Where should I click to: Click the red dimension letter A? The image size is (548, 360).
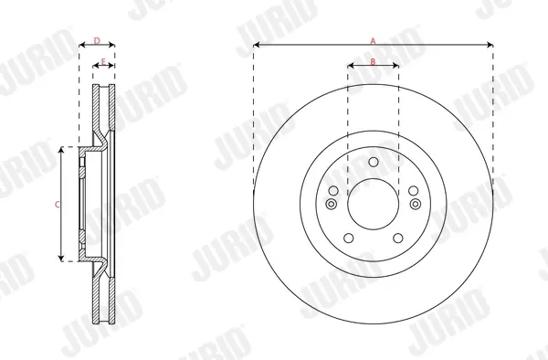[373, 41]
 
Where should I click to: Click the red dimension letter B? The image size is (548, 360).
[373, 62]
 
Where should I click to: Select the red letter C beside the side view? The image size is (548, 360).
[58, 205]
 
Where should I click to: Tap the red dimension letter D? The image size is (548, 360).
[97, 41]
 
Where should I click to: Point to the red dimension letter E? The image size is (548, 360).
[103, 62]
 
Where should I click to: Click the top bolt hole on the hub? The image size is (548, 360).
[374, 162]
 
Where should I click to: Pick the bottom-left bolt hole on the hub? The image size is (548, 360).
[349, 238]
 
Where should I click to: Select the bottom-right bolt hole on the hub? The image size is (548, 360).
[398, 238]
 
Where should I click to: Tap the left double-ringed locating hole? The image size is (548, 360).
[331, 204]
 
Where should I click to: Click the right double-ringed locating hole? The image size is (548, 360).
[416, 204]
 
